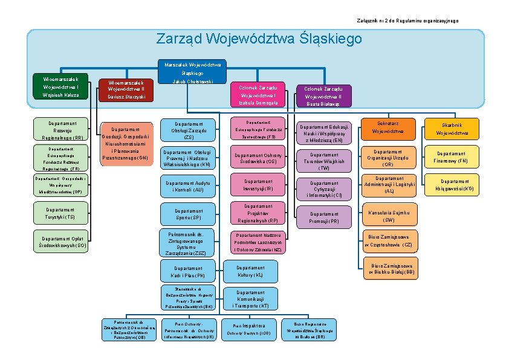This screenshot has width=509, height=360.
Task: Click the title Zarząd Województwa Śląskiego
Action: pos(259,39)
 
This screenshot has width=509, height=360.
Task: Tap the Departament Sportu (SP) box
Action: pos(189,214)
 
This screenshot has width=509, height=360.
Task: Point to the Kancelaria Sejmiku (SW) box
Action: pos(389,216)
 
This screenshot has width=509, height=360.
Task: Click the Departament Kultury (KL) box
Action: pos(250,271)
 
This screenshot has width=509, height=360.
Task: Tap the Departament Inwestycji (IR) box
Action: pos(258,185)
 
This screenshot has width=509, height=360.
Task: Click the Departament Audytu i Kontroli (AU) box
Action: pos(189,186)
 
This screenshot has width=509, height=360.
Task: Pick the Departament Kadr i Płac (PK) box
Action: pos(189,271)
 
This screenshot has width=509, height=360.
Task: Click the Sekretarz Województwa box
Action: pos(389,127)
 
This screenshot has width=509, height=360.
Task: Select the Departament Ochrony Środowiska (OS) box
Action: pos(258,158)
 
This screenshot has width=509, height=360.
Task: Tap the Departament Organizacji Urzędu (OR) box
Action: pos(389,158)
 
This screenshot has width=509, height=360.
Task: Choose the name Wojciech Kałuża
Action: pos(57,95)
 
